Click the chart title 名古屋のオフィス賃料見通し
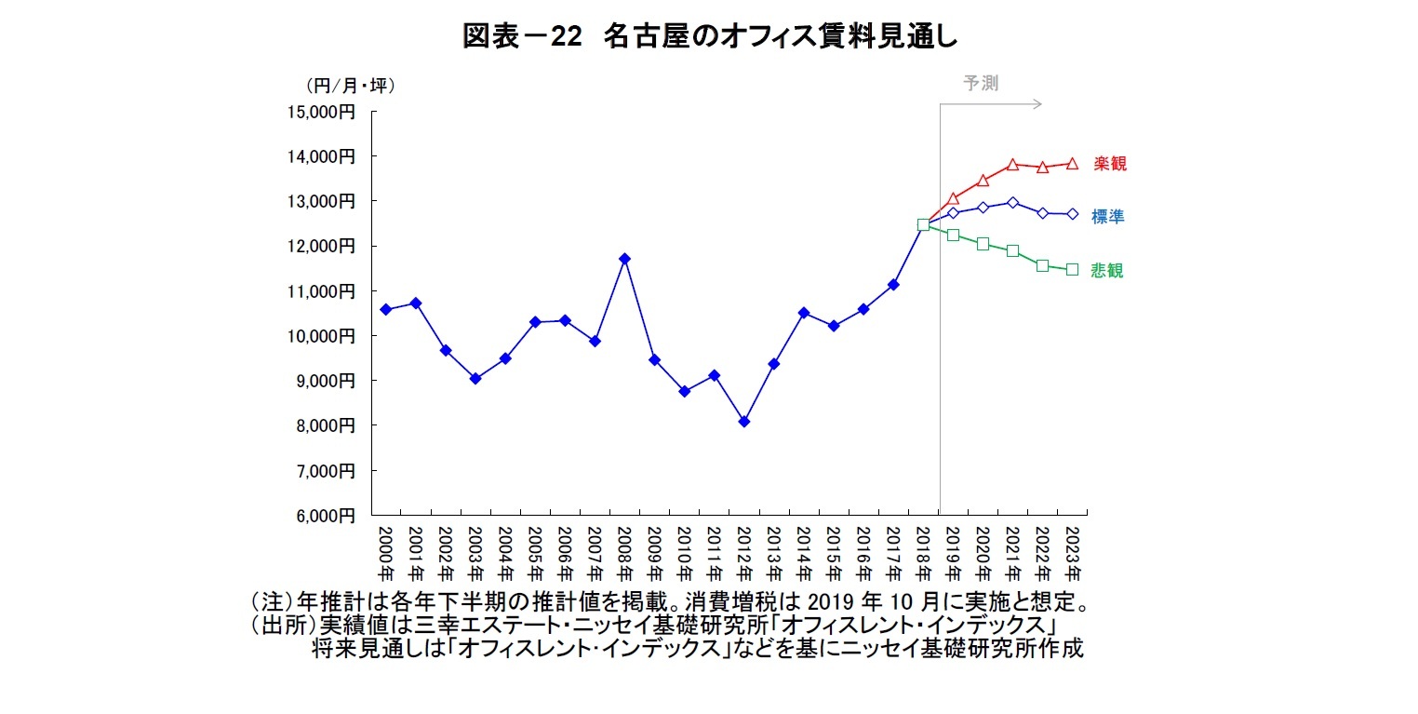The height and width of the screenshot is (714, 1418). click(x=709, y=37)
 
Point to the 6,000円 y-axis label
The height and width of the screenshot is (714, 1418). click(x=325, y=515)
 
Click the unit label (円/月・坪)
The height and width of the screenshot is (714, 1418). click(x=350, y=86)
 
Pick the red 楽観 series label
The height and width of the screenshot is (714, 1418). click(x=1109, y=164)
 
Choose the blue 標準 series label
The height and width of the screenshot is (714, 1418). click(x=1107, y=217)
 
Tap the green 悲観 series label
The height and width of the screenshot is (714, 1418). click(x=1107, y=271)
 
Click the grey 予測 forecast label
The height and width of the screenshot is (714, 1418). click(x=981, y=83)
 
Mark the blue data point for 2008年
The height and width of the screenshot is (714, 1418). click(x=624, y=259)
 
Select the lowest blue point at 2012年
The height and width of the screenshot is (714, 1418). click(x=743, y=422)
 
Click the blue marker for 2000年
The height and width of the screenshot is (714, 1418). click(x=386, y=309)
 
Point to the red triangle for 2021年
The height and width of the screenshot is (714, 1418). click(x=1012, y=165)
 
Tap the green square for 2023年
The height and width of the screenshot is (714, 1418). click(x=1072, y=269)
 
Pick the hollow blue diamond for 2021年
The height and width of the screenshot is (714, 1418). click(x=1012, y=202)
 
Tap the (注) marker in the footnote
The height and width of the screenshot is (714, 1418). click(x=267, y=600)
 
